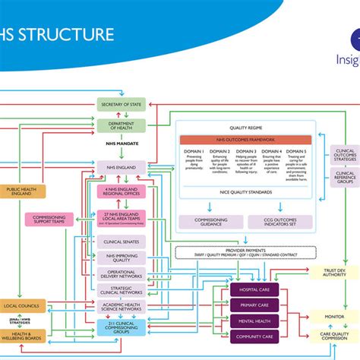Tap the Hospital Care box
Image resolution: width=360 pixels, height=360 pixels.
(254, 290)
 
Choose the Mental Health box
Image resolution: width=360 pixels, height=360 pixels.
(254, 321)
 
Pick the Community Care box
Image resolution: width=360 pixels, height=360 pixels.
(254, 336)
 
